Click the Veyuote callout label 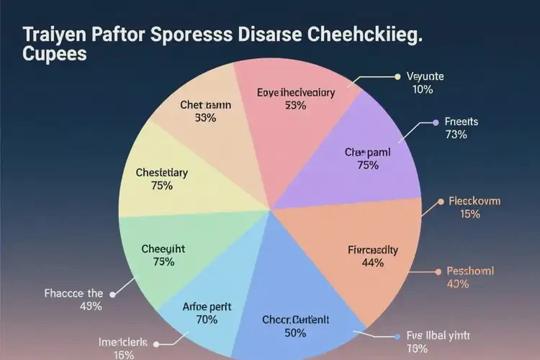426,76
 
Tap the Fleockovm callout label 474,201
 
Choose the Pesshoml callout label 472,271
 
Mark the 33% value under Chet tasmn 205,118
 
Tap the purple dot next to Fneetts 434,122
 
